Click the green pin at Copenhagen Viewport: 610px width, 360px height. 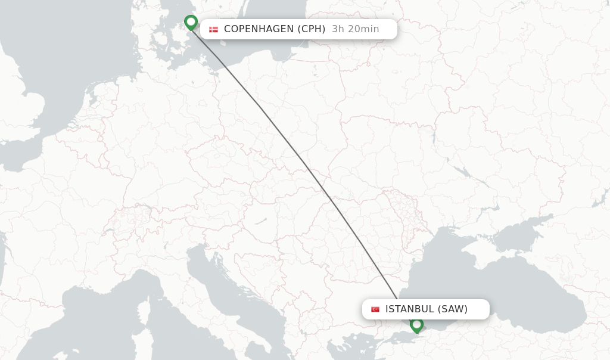191,22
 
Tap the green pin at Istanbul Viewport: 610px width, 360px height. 416,325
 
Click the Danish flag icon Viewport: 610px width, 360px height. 213,29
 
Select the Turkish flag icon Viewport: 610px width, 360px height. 375,309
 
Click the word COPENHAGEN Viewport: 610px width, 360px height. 259,29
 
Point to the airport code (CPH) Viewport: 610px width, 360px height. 312,29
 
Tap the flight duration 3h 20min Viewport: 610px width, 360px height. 355,29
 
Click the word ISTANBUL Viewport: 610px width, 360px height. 410,309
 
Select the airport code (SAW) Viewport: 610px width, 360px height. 453,309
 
